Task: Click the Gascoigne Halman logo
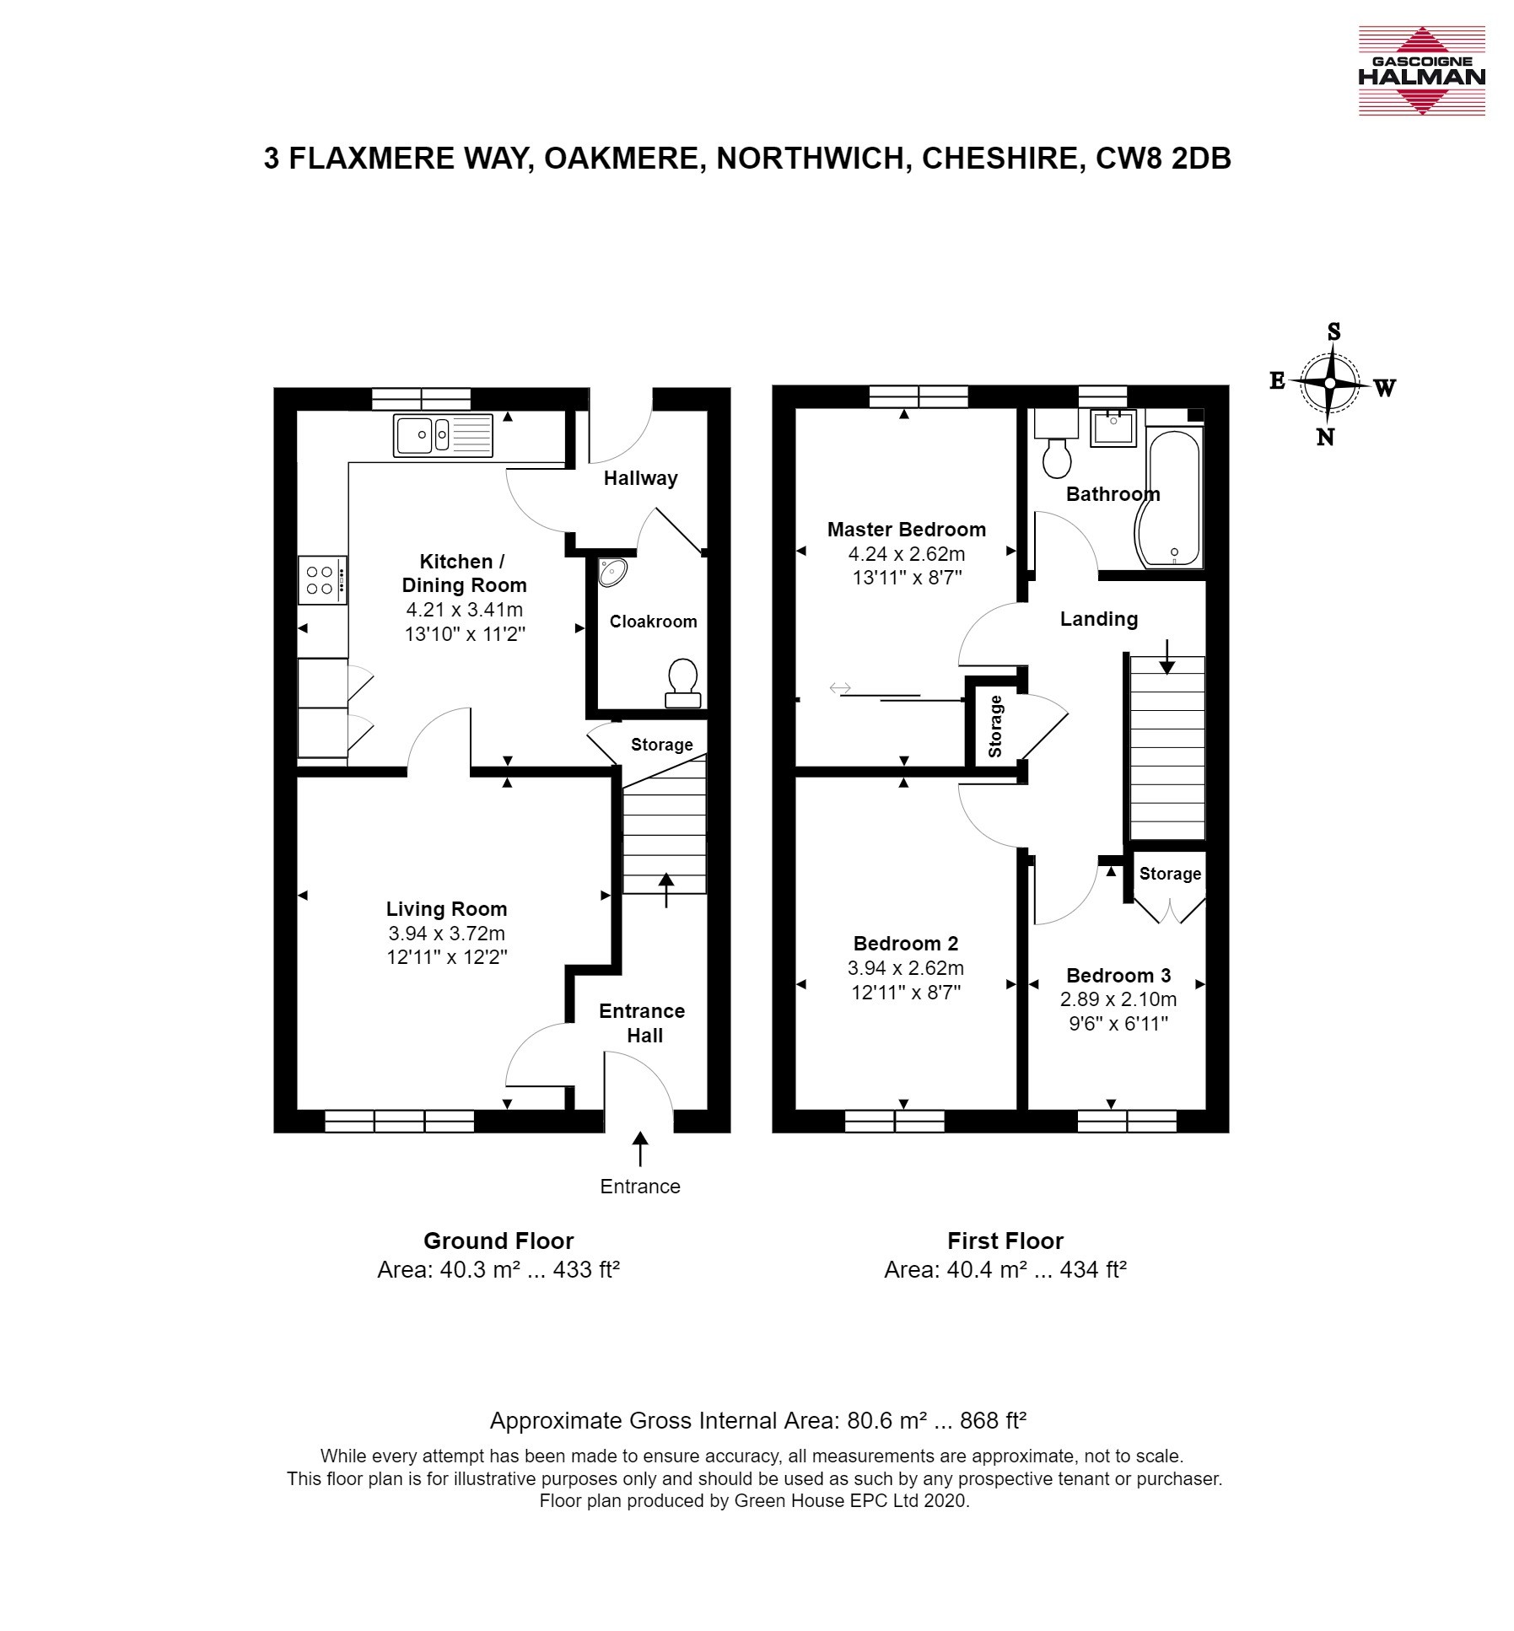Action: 1420,71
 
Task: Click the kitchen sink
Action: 443,436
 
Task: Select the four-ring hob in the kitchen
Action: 321,579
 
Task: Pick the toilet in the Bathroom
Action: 1056,444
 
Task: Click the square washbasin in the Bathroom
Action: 1113,428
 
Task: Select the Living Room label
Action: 446,909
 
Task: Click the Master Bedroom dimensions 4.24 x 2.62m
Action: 907,554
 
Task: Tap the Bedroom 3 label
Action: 1118,976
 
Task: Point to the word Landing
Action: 1099,620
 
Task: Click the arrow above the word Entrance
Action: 640,1149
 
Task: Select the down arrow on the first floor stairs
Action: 1166,657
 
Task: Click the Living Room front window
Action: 399,1121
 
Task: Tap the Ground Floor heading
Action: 498,1241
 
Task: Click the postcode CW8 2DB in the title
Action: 1163,159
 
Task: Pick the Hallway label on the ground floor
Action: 641,479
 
